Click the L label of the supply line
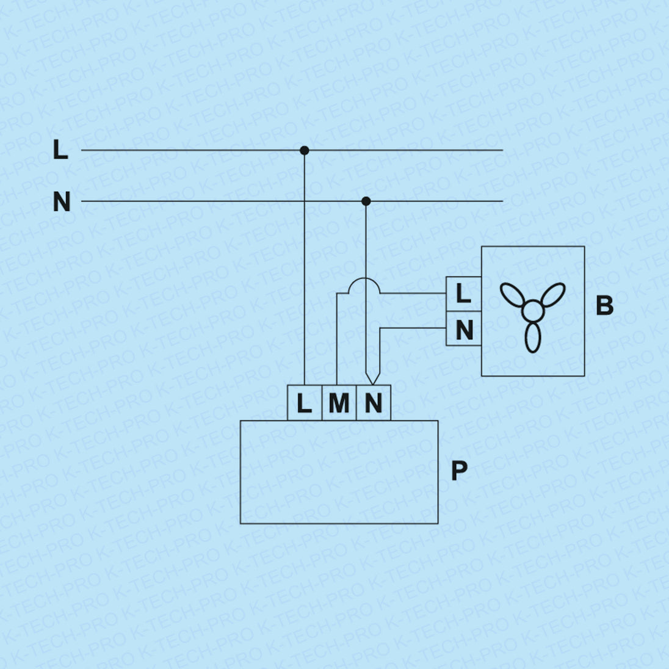pyautogui.click(x=60, y=150)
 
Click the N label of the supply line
pyautogui.click(x=62, y=201)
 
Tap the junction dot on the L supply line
pyautogui.click(x=305, y=150)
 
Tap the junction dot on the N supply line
pyautogui.click(x=366, y=201)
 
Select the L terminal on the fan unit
pyautogui.click(x=463, y=294)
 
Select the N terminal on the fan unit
pyautogui.click(x=463, y=330)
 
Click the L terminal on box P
pyautogui.click(x=304, y=403)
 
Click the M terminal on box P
pyautogui.click(x=338, y=403)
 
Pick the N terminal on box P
pyautogui.click(x=373, y=403)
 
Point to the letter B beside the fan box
pyautogui.click(x=604, y=305)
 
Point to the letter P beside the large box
pyautogui.click(x=459, y=471)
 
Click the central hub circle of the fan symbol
pyautogui.click(x=533, y=311)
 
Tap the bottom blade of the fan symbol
pyautogui.click(x=533, y=338)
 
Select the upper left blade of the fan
pyautogui.click(x=512, y=295)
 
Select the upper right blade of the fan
pyautogui.click(x=553, y=295)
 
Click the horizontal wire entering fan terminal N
pyautogui.click(x=415, y=328)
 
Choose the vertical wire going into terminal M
pyautogui.click(x=337, y=342)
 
